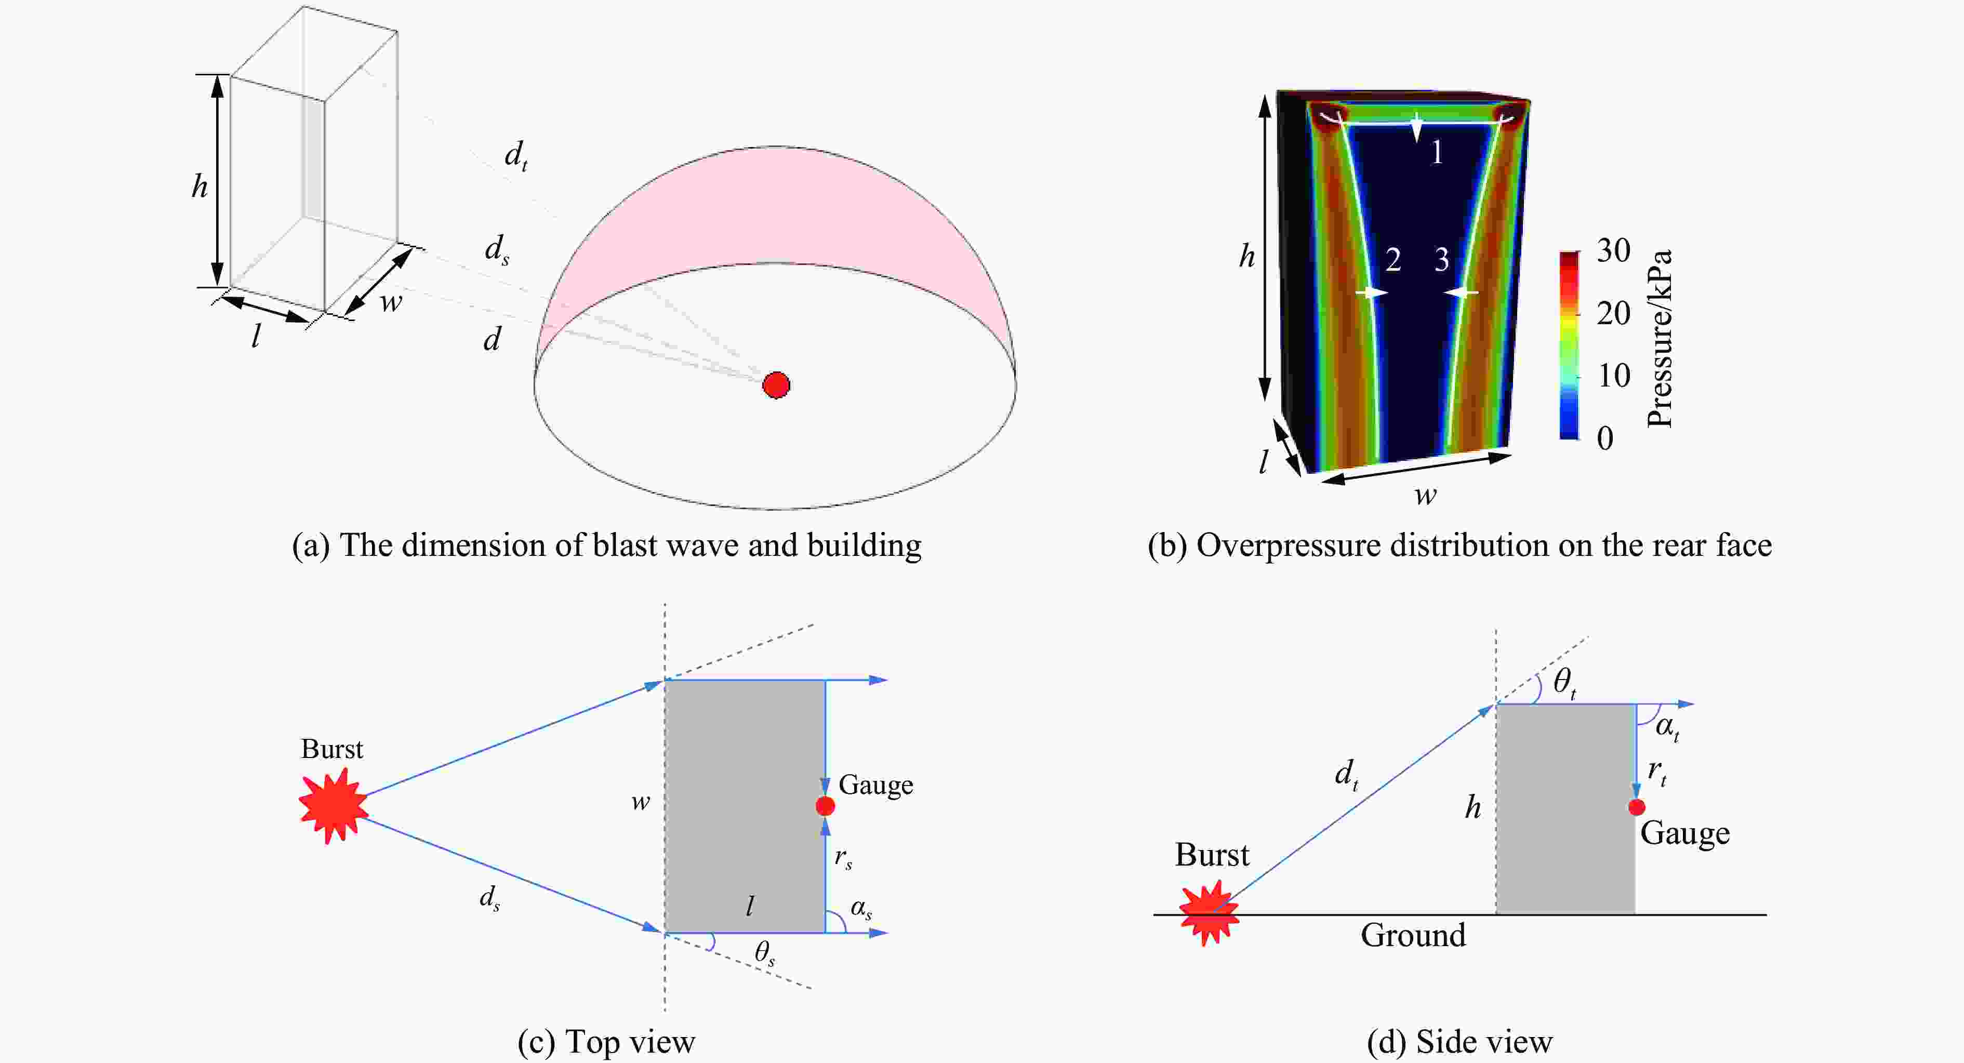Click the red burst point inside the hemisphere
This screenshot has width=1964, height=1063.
pyautogui.click(x=776, y=385)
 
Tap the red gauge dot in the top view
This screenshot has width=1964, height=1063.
pyautogui.click(x=825, y=806)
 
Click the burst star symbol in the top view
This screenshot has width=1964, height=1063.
pyautogui.click(x=333, y=805)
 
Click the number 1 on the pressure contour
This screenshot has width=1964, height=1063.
pyautogui.click(x=1437, y=153)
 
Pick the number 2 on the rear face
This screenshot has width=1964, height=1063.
pyautogui.click(x=1393, y=260)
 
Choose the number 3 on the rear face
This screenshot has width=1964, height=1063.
pyautogui.click(x=1442, y=260)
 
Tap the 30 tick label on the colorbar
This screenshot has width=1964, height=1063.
pyautogui.click(x=1613, y=250)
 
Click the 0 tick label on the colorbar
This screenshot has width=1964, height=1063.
pyautogui.click(x=1605, y=437)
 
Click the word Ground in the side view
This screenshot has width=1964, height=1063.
pyautogui.click(x=1413, y=935)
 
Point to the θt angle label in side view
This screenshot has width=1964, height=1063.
pyautogui.click(x=1564, y=681)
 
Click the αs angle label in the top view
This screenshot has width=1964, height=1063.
pyautogui.click(x=861, y=908)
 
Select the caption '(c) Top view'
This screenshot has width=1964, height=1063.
pyautogui.click(x=606, y=1042)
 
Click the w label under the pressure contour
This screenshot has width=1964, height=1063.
pyautogui.click(x=1425, y=496)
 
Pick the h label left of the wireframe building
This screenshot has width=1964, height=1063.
pyautogui.click(x=199, y=186)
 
